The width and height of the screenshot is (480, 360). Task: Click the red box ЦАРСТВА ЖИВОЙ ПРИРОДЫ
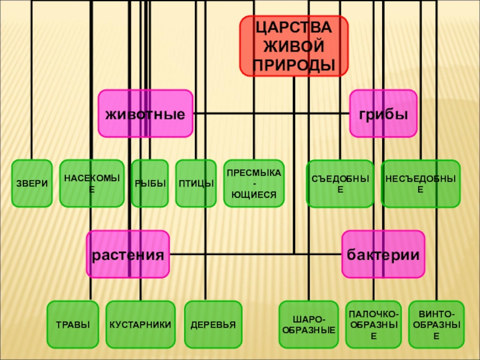(x=294, y=46)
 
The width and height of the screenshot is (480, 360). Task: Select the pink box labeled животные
(x=145, y=113)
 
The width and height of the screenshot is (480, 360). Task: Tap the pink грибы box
(x=383, y=113)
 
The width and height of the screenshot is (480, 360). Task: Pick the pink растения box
(x=127, y=254)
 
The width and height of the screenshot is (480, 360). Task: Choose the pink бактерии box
(x=383, y=254)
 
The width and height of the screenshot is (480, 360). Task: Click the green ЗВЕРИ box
(x=32, y=183)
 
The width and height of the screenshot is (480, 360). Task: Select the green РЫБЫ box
(x=149, y=183)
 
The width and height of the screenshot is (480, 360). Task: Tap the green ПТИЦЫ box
(x=196, y=183)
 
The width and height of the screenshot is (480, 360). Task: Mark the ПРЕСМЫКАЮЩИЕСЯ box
(x=254, y=183)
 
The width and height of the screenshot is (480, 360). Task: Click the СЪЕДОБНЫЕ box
(x=340, y=183)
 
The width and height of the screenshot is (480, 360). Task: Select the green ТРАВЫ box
(x=73, y=325)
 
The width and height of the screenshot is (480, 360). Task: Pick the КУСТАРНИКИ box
(x=140, y=325)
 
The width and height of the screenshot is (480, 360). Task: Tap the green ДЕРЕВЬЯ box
(x=213, y=325)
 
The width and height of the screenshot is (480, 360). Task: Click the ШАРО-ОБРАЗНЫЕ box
(x=308, y=325)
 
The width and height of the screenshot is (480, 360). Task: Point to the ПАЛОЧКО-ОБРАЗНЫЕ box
(x=373, y=325)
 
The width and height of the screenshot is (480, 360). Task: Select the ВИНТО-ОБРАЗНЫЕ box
(x=436, y=325)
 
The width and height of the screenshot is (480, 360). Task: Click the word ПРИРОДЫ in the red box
(x=294, y=64)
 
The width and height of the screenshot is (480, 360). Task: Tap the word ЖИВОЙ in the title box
(x=294, y=46)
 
